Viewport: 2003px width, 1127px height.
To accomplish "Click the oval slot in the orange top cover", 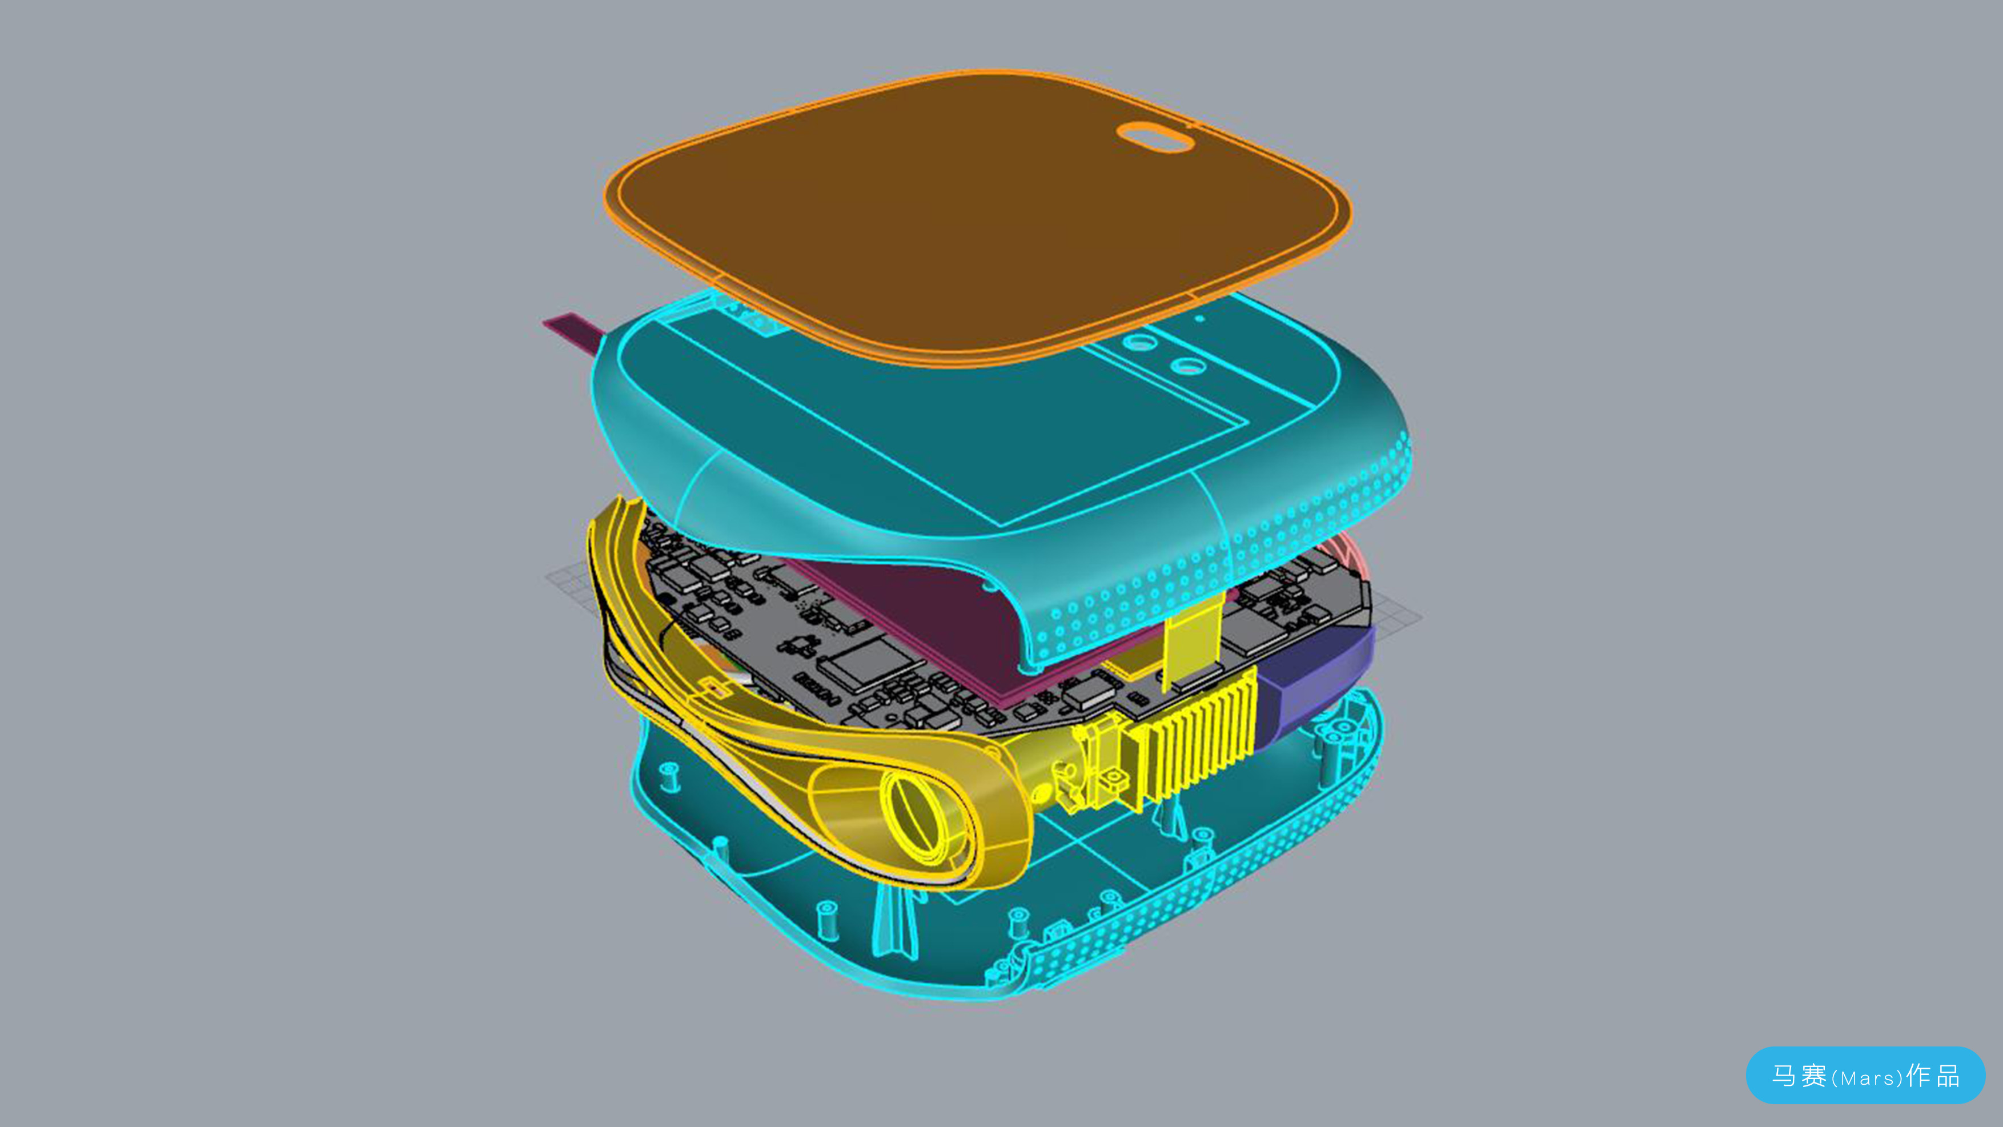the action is pos(1155,137).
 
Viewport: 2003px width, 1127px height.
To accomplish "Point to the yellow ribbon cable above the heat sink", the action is pos(1190,638).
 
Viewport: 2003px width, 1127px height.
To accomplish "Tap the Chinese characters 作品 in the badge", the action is pos(1933,1076).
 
